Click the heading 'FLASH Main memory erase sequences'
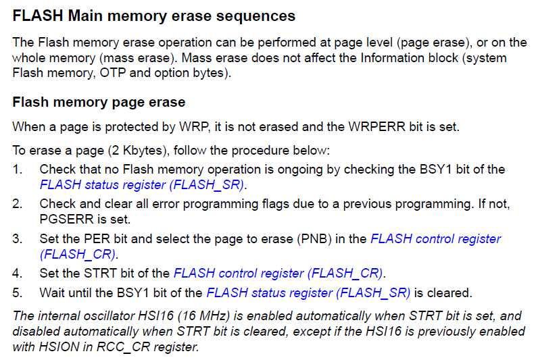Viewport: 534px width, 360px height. [x=154, y=16]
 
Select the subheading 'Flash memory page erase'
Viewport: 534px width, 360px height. [x=99, y=103]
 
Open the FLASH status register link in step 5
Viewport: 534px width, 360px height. [x=308, y=293]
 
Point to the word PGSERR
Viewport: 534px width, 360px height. [x=65, y=219]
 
